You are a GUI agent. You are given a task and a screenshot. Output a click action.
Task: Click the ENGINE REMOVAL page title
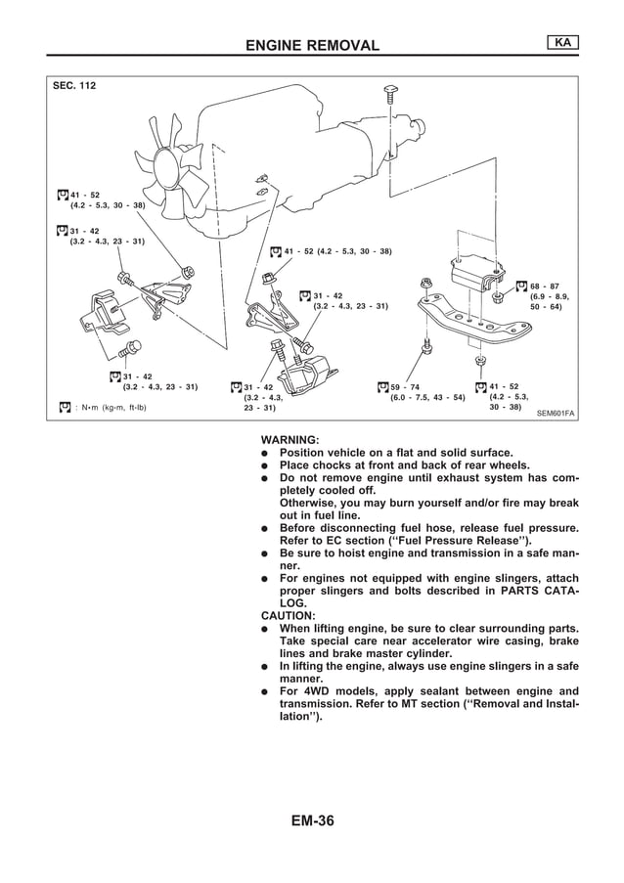(312, 45)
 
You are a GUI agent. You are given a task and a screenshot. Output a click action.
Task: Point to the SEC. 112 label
(74, 85)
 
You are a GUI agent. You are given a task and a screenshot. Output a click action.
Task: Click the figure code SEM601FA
(556, 414)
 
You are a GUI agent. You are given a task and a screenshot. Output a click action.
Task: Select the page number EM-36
(312, 820)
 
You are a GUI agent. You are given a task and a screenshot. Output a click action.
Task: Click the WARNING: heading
(290, 440)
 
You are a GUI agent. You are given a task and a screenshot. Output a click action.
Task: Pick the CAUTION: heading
(289, 616)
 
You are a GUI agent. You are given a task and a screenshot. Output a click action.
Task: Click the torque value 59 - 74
(404, 387)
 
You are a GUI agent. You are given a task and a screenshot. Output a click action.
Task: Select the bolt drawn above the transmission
(389, 93)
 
